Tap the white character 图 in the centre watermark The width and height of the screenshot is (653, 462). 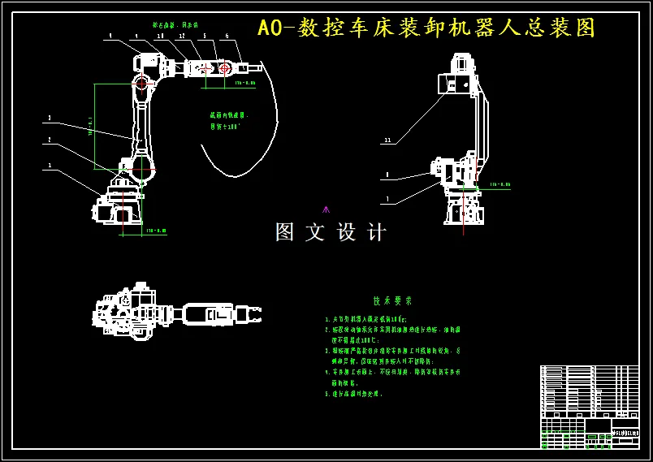(285, 232)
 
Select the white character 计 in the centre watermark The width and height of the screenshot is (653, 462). (377, 232)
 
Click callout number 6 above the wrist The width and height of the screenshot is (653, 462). (227, 37)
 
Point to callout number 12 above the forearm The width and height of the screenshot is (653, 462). (182, 37)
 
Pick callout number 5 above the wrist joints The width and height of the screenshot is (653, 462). (205, 37)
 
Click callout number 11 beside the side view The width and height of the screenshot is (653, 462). (387, 140)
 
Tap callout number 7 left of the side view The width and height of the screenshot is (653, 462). (387, 198)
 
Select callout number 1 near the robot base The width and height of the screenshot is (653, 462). (50, 165)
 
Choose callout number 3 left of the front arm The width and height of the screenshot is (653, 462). (50, 119)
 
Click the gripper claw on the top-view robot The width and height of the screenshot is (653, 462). (249, 313)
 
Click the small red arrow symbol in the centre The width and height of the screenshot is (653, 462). (326, 209)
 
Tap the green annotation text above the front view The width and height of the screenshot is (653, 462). (175, 25)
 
